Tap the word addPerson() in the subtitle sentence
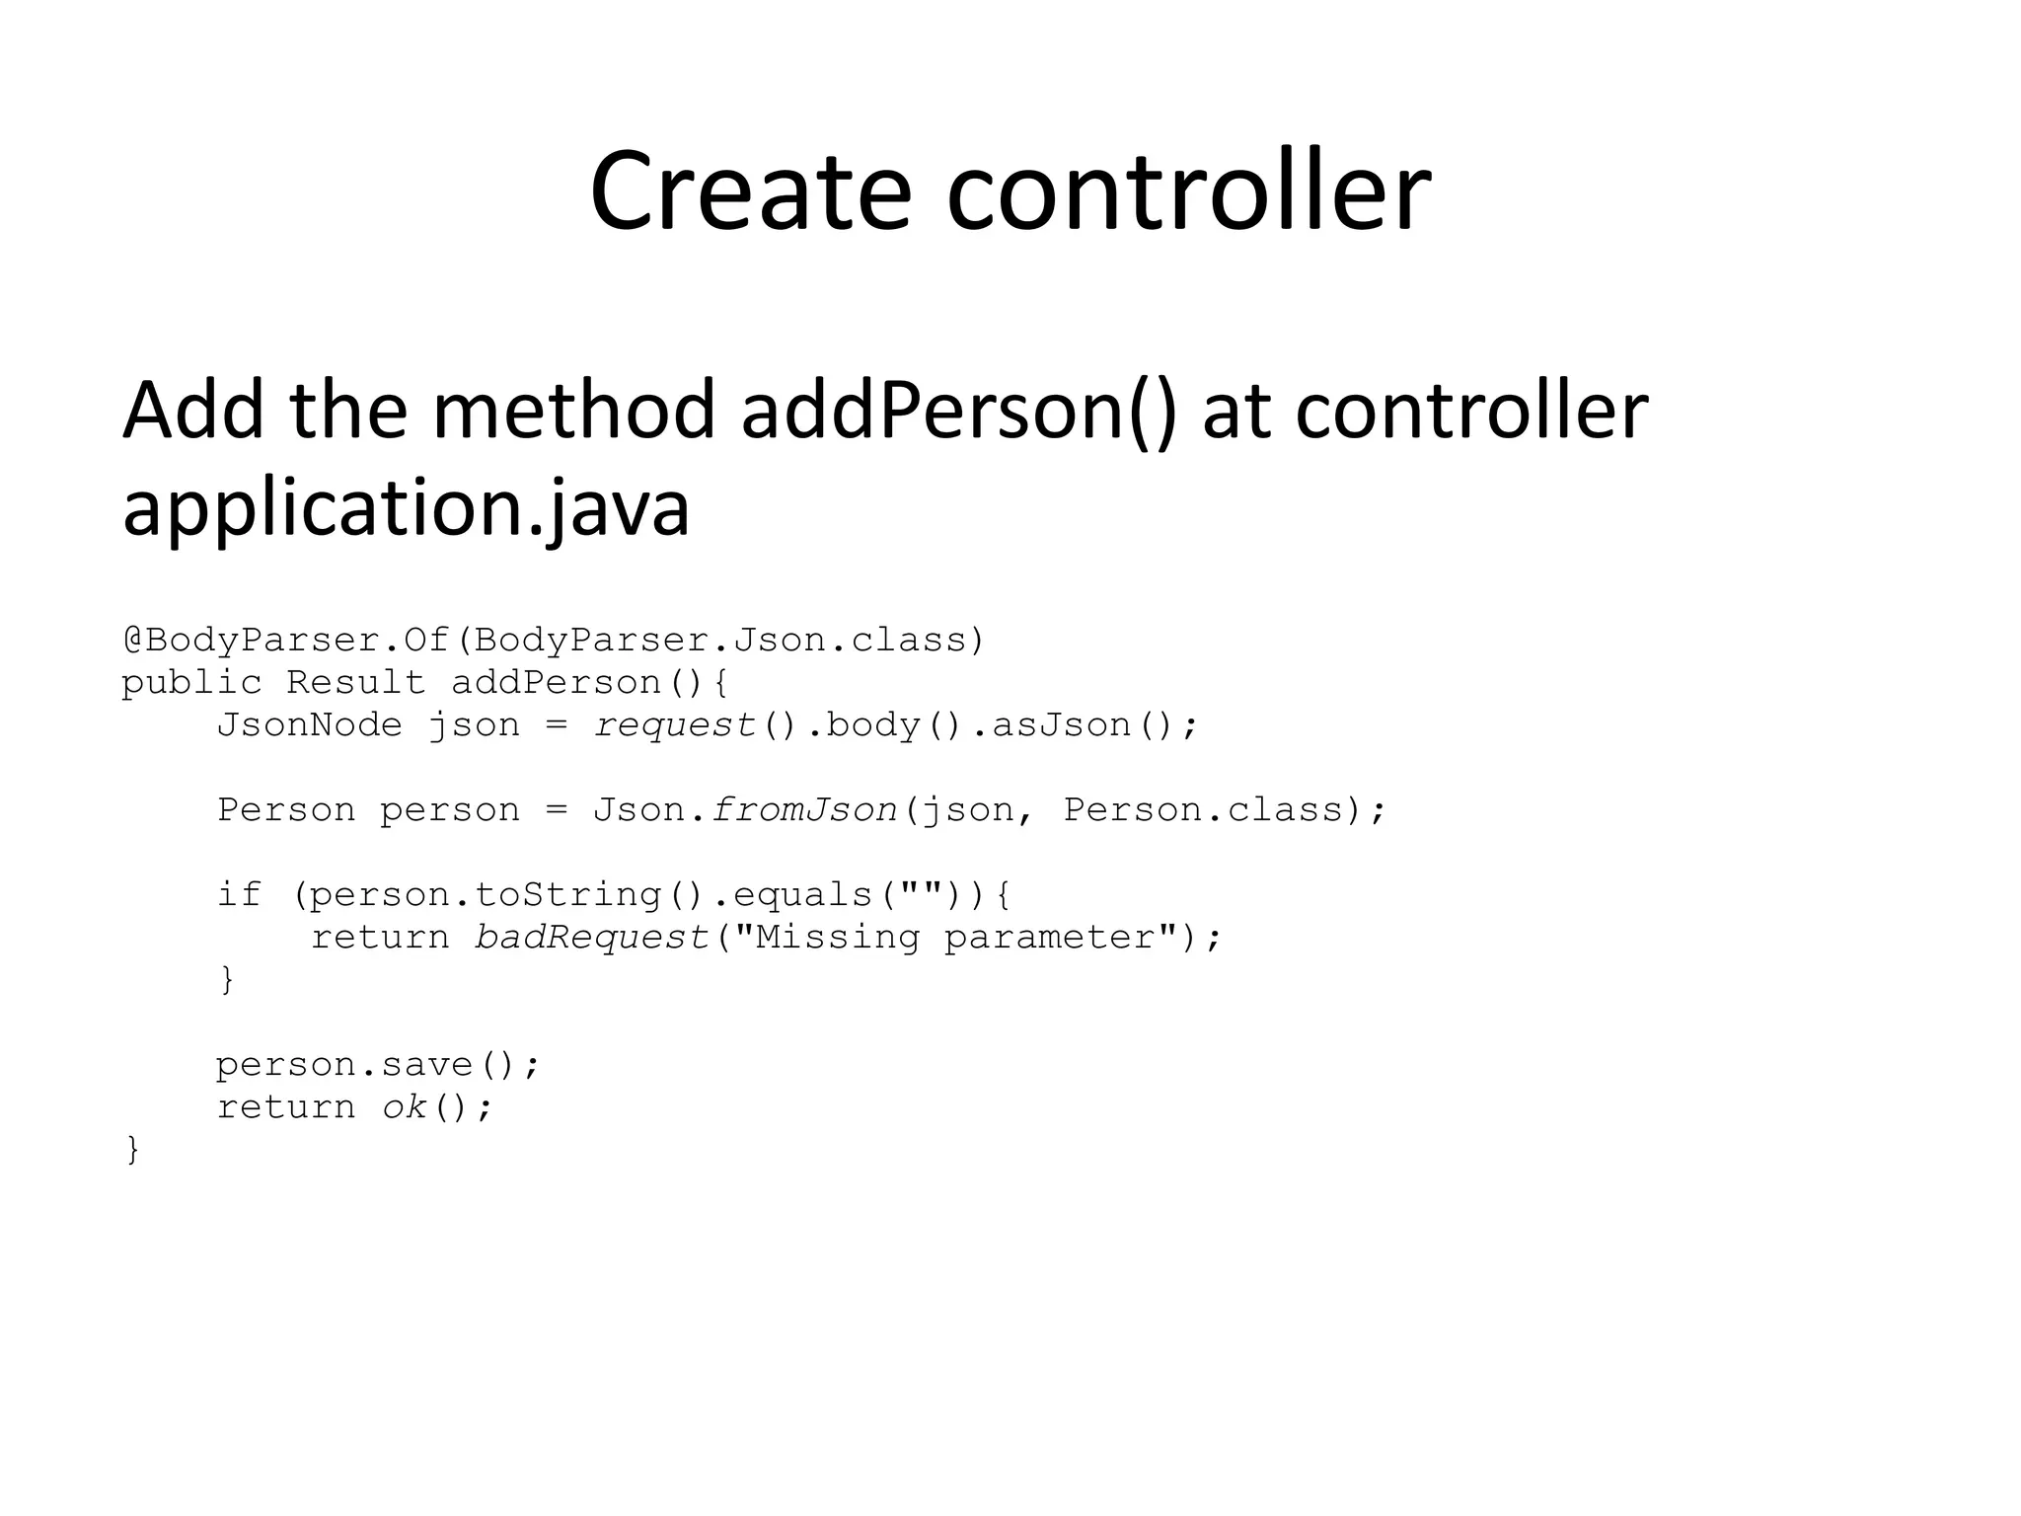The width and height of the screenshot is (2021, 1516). pyautogui.click(x=959, y=411)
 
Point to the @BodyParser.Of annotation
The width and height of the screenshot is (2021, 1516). pyautogui.click(x=286, y=641)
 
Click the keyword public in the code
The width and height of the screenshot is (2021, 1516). pyautogui.click(x=191, y=683)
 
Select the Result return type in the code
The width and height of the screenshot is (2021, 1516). pyautogui.click(x=355, y=683)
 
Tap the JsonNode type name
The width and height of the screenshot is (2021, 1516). pyautogui.click(x=310, y=725)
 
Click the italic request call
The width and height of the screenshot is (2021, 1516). pyautogui.click(x=675, y=725)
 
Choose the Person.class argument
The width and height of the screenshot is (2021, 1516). pyautogui.click(x=1204, y=810)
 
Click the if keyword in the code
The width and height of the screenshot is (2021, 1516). pyautogui.click(x=239, y=894)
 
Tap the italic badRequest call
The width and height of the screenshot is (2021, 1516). pyautogui.click(x=592, y=937)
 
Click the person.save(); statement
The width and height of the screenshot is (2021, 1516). pyautogui.click(x=378, y=1065)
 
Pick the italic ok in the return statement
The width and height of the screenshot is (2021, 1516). pyautogui.click(x=405, y=1107)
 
